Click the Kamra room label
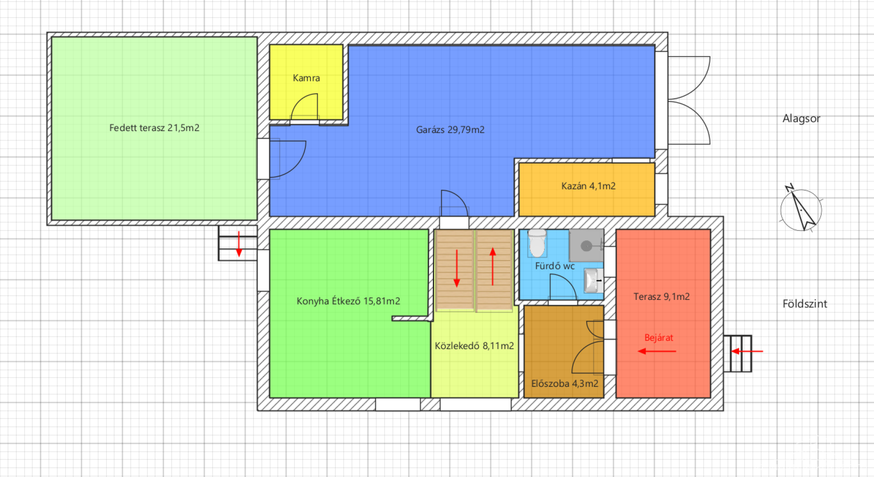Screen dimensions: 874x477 point(306,78)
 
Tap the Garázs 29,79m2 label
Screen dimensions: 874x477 point(450,130)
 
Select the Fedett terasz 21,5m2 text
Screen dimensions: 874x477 point(154,128)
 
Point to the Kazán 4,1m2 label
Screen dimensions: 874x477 point(588,186)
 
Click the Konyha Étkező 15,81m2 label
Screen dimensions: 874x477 point(348,301)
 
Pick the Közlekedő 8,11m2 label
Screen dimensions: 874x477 point(474,346)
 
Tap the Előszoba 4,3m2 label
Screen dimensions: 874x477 point(564,384)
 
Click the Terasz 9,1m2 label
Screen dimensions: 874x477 point(661,297)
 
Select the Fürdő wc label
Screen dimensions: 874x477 point(555,266)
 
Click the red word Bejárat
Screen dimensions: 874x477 point(659,338)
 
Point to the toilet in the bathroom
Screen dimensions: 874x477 point(537,243)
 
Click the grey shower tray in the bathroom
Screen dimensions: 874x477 point(586,246)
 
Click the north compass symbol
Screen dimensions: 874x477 point(801,209)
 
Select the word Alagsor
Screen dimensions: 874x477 point(801,119)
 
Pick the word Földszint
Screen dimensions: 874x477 point(805,304)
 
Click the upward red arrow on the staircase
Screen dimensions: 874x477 point(493,267)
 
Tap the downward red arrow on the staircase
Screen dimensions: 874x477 point(457,269)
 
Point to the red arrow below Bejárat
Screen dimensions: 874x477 point(657,351)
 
